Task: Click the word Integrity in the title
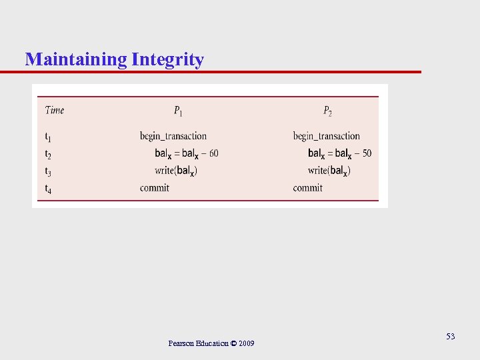(168, 60)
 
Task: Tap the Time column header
(55, 110)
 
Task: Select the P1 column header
(178, 111)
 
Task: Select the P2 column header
(327, 111)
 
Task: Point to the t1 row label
(48, 137)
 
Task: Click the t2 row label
(48, 154)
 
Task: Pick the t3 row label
(48, 171)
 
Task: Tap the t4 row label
(48, 189)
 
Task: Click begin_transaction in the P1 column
(173, 137)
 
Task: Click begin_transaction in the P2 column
(326, 137)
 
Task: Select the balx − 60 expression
(187, 153)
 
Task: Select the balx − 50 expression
(339, 153)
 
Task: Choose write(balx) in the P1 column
(176, 171)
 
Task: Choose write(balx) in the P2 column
(329, 171)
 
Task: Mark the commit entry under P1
(155, 188)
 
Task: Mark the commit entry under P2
(307, 188)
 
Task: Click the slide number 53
(451, 337)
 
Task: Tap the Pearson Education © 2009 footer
(211, 343)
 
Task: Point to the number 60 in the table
(213, 153)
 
